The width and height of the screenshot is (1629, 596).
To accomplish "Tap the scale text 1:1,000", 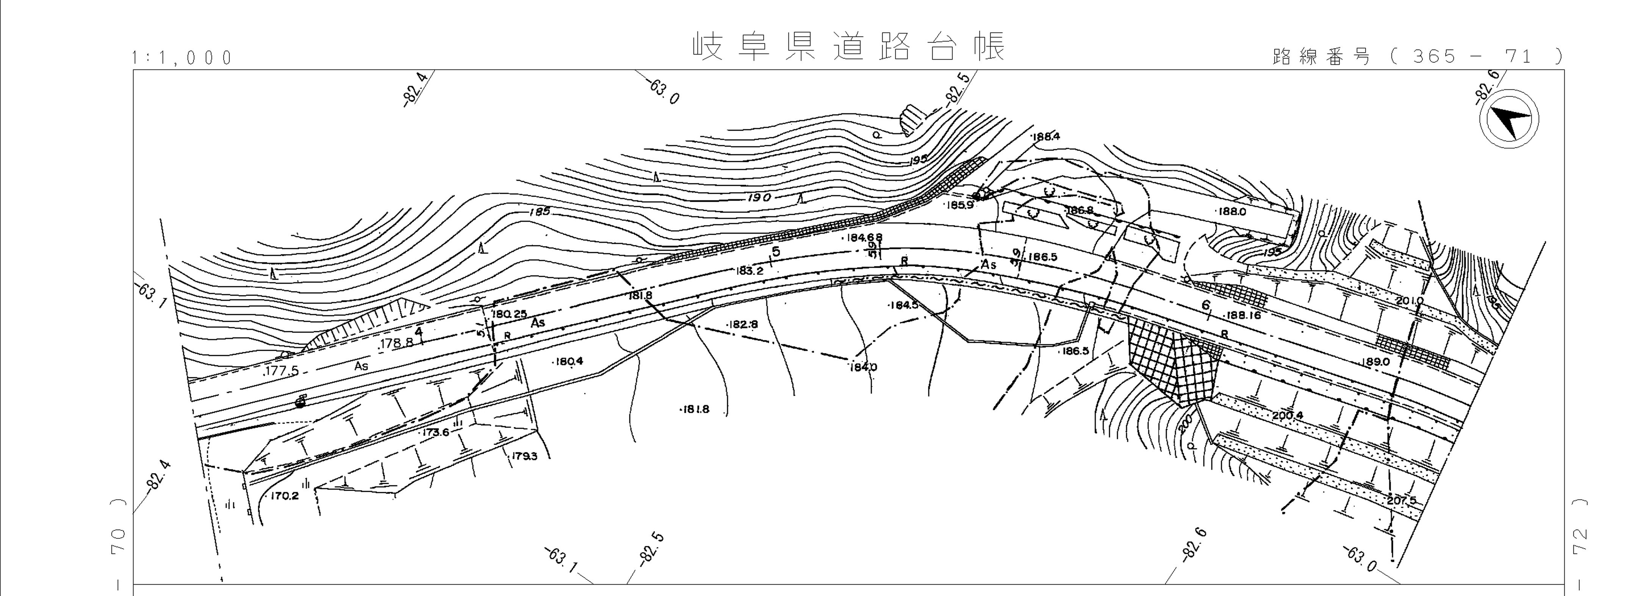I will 183,58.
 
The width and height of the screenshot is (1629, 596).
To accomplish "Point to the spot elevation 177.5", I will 282,371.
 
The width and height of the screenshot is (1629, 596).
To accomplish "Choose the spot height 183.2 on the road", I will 750,271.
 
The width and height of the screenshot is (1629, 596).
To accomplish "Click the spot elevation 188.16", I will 1243,315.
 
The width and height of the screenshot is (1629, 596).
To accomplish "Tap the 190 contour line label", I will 759,198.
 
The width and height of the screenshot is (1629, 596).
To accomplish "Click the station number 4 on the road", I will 418,331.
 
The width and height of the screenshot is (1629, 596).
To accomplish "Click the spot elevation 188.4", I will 1045,136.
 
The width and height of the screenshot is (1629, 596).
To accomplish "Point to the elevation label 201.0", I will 1409,301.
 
